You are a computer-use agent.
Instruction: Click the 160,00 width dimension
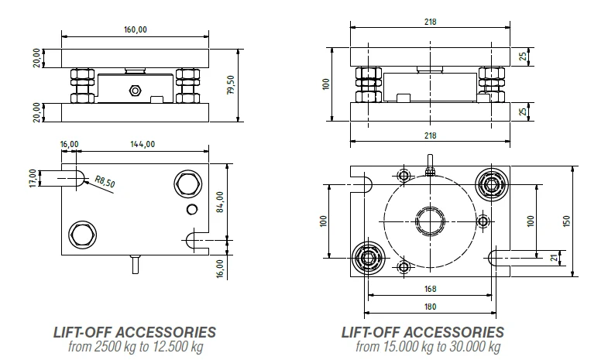136,30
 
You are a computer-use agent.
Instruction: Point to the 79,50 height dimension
231,85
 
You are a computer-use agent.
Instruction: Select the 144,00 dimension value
143,144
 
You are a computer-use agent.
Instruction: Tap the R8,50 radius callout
105,181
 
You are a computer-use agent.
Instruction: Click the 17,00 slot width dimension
33,178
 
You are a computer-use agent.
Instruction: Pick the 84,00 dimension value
220,202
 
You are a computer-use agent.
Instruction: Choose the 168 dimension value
431,289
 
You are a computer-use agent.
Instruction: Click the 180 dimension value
431,307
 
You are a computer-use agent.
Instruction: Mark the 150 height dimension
567,221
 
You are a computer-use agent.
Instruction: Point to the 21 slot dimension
555,258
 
